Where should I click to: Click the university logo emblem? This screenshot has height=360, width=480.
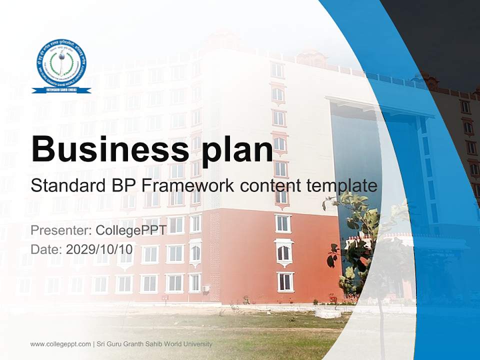61,62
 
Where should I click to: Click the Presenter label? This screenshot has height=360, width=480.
60,231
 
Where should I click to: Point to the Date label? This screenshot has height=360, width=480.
45,249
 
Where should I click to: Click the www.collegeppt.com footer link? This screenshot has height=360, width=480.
60,344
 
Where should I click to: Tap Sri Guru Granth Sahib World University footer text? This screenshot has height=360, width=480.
155,344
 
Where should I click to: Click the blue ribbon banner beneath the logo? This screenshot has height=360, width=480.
61,90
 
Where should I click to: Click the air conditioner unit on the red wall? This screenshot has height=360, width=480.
206,288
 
